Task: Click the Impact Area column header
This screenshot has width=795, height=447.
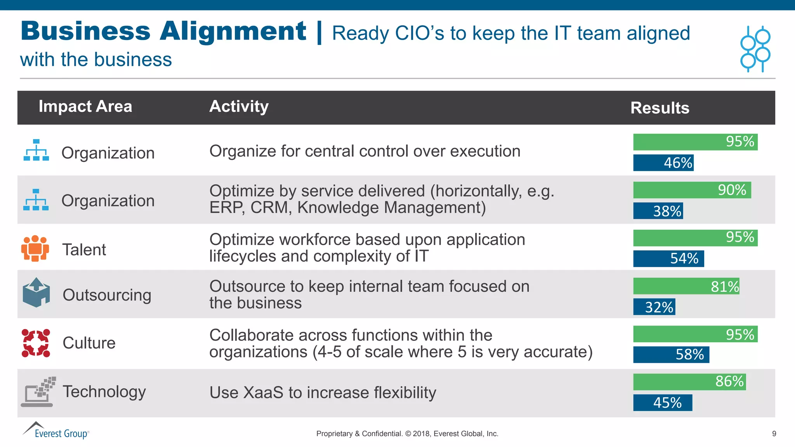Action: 85,106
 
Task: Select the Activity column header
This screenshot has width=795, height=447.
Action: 239,106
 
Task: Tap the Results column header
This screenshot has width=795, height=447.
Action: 660,108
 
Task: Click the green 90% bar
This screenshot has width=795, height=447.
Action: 692,190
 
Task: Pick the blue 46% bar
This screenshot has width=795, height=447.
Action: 663,163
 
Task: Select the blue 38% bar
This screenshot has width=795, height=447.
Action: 658,211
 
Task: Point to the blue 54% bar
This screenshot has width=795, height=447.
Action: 668,259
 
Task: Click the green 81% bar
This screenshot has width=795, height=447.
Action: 686,286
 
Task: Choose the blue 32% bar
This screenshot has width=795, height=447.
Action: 654,307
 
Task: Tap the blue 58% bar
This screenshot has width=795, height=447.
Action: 671,355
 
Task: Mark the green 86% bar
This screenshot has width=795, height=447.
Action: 689,382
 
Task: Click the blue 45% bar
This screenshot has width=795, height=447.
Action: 663,403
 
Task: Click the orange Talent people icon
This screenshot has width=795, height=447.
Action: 35,248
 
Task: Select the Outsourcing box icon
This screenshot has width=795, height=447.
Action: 36,293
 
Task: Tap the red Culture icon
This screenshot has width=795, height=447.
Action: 36,343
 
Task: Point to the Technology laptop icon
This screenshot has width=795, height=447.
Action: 38,392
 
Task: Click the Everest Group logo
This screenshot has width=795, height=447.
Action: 56,431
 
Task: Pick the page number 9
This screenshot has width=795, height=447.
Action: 774,434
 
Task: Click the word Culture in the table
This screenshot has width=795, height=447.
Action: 89,343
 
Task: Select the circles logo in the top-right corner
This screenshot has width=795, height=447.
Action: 755,49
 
